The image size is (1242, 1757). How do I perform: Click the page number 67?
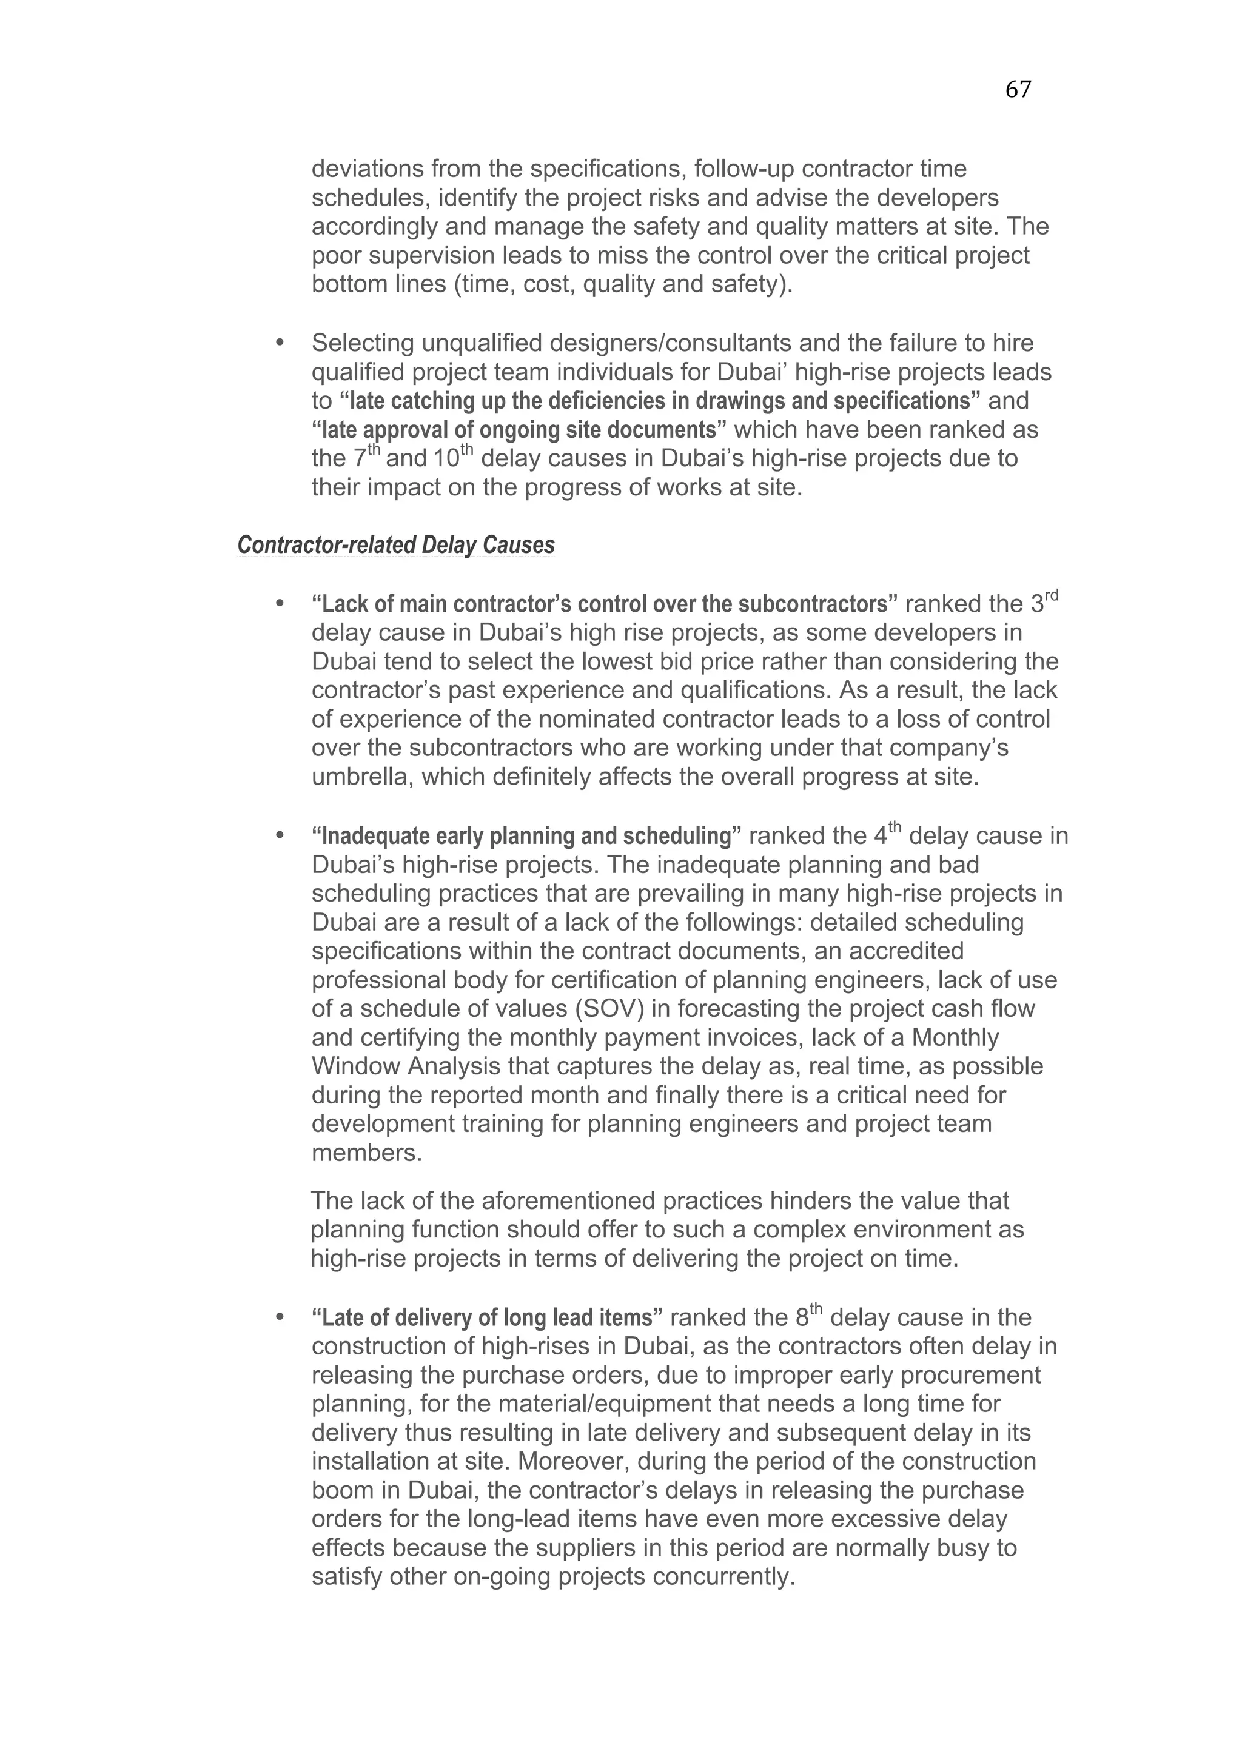click(1017, 90)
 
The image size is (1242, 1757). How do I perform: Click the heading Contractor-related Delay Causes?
click(395, 545)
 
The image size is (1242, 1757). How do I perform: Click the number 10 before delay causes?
click(445, 459)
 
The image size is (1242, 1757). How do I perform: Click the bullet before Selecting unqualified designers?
click(280, 343)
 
